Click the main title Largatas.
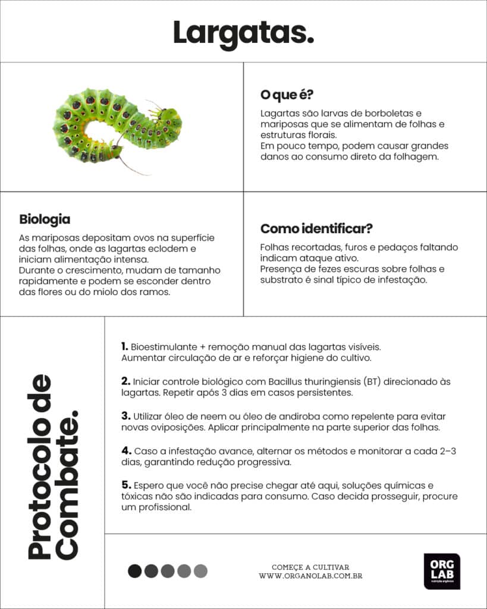(x=243, y=32)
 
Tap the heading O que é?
(x=287, y=95)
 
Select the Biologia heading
(x=45, y=219)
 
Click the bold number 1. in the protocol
(x=124, y=346)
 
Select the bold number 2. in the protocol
(x=125, y=381)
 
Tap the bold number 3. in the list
(x=125, y=416)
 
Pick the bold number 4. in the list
(x=126, y=451)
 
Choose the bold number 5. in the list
(x=125, y=485)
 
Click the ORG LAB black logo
(x=441, y=571)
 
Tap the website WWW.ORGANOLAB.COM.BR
(x=310, y=576)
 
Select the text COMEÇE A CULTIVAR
(x=310, y=567)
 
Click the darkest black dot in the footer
(x=135, y=571)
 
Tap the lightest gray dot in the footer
(x=200, y=571)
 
